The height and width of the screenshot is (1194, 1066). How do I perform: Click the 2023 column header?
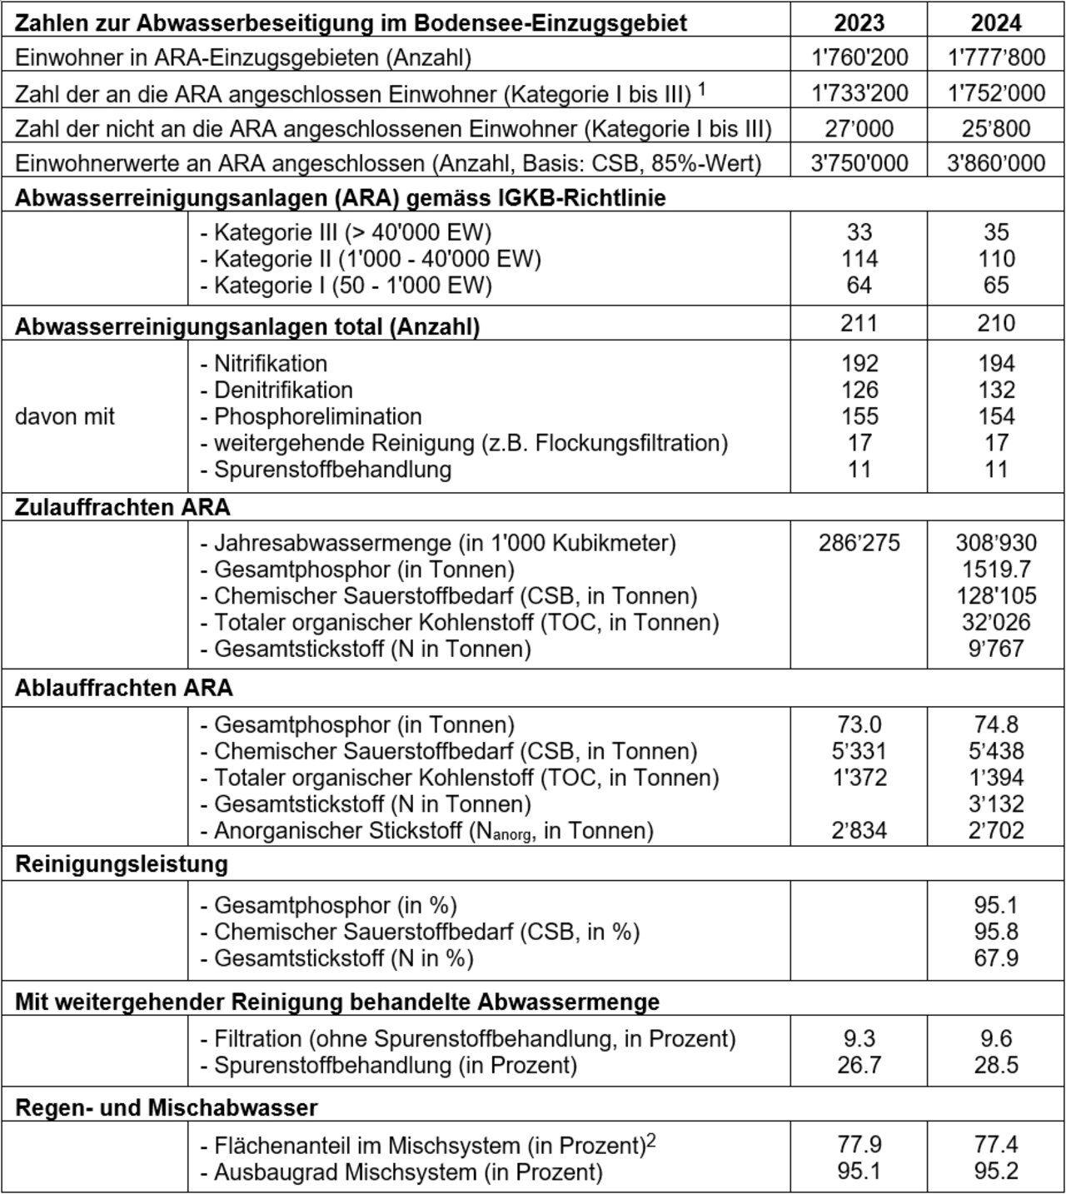pos(859,22)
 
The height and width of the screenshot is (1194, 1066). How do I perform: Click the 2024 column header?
pos(996,22)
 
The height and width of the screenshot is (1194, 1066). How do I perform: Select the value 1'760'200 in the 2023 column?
pos(859,57)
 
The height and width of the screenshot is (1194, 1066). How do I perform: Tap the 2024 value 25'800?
pos(996,128)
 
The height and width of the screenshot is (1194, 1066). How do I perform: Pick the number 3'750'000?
pos(859,162)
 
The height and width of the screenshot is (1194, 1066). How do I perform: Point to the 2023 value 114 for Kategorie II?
pos(859,258)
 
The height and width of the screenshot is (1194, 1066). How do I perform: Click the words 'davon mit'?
pos(65,416)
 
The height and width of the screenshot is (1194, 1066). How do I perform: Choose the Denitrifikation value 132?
pos(996,390)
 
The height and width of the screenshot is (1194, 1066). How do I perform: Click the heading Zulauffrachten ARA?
pos(122,507)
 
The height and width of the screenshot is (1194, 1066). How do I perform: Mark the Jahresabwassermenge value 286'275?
pos(859,543)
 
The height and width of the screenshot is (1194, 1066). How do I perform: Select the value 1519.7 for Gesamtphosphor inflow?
pos(996,570)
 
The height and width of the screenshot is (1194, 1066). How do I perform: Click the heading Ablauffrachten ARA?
pos(124,688)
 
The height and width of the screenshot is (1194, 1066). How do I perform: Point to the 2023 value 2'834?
pos(859,830)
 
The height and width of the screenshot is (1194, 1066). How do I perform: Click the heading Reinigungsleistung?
pos(122,864)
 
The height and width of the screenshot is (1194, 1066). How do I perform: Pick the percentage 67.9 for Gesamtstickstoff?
pos(996,958)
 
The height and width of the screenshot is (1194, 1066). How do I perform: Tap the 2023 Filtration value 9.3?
pos(859,1038)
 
